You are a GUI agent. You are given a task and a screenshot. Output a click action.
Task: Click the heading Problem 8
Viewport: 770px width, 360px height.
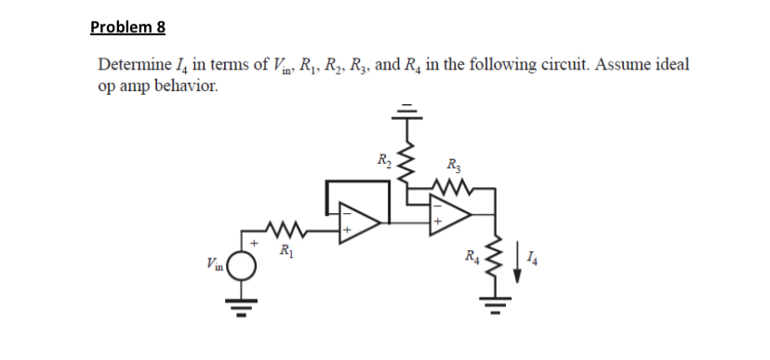point(127,26)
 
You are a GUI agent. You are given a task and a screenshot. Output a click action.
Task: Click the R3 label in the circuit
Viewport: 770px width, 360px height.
point(455,168)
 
